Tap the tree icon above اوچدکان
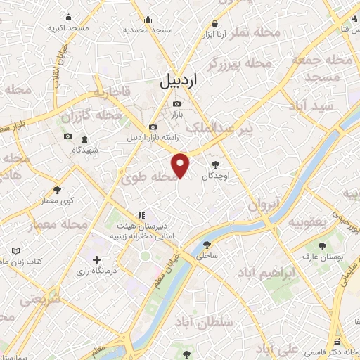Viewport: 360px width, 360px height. pyautogui.click(x=224, y=163)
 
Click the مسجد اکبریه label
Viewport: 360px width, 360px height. pyautogui.click(x=68, y=28)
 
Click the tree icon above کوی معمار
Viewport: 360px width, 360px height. pyautogui.click(x=57, y=190)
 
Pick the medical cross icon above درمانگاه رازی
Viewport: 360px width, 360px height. pyautogui.click(x=96, y=260)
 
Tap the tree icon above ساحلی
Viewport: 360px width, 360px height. pyautogui.click(x=206, y=245)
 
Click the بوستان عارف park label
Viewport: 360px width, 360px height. pyautogui.click(x=321, y=257)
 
